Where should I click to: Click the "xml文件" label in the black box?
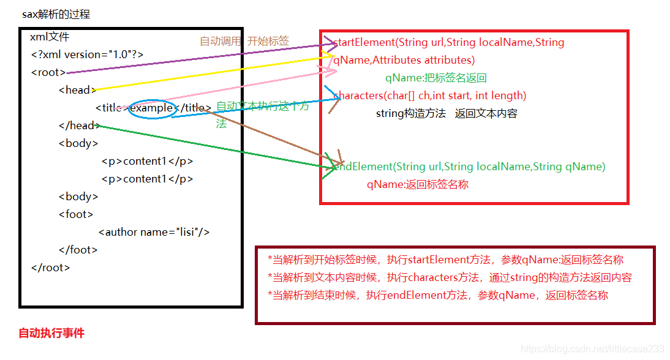click(50, 37)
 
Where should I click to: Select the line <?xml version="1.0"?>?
click(87, 54)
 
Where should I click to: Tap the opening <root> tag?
click(48, 72)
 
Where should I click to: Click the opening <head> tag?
click(77, 90)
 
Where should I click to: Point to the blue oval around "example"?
click(152, 108)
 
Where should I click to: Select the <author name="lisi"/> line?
click(154, 232)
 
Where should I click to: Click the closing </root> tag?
click(50, 268)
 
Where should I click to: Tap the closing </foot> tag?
click(78, 250)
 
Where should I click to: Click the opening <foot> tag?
click(76, 214)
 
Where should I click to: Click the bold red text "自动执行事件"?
click(51, 333)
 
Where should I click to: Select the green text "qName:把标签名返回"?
click(435, 78)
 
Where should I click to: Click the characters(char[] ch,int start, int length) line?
click(431, 96)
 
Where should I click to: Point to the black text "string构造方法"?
click(410, 113)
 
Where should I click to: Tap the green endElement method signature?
click(469, 167)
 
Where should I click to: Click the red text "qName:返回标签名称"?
click(418, 184)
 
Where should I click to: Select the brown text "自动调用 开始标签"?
click(244, 41)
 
